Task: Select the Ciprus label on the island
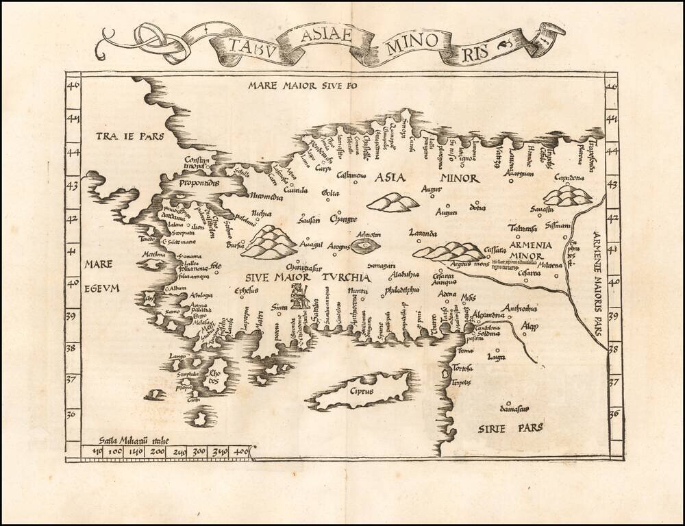coord(361,392)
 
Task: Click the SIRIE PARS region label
coord(510,427)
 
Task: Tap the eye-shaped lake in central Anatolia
coord(364,246)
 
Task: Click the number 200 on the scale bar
coord(157,451)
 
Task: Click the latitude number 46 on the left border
coord(73,86)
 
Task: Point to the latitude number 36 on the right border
coord(614,413)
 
